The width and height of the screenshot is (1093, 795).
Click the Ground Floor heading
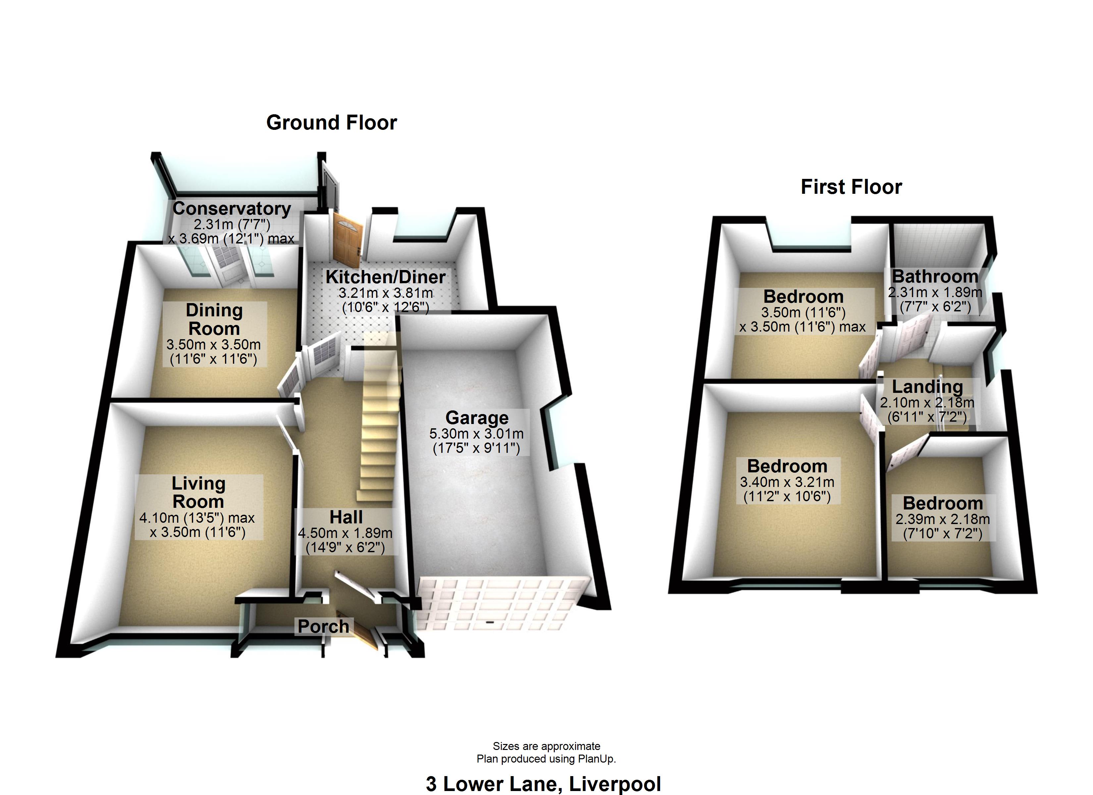332,123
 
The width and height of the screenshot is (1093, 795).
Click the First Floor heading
851,187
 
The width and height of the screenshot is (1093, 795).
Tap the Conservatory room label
232,209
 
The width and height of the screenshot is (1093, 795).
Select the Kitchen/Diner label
386,277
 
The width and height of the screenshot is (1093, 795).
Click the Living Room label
198,492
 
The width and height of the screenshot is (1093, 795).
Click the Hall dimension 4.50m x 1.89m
345,533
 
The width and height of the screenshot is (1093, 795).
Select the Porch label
323,626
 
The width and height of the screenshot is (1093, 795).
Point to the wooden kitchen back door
346,239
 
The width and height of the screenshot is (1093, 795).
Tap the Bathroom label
935,277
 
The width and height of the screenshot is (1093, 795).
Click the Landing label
927,387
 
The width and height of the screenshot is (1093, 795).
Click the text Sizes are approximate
546,746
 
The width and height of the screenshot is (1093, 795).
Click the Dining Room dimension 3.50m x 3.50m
214,345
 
